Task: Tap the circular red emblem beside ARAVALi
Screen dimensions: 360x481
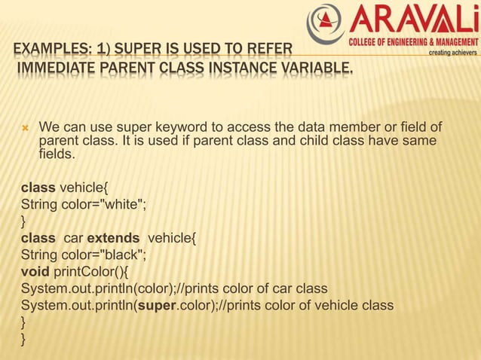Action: click(326, 25)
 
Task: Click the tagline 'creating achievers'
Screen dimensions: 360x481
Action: click(452, 53)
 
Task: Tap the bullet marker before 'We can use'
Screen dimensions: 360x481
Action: click(25, 127)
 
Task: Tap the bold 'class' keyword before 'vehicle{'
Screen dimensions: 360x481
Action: click(38, 187)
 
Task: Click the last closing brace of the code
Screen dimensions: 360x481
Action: click(24, 340)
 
